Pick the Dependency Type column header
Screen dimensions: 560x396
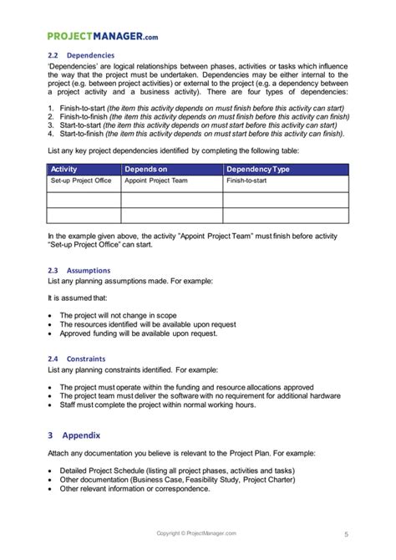point(258,169)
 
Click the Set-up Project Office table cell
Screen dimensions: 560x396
point(81,180)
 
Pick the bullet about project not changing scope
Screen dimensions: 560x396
point(125,314)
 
